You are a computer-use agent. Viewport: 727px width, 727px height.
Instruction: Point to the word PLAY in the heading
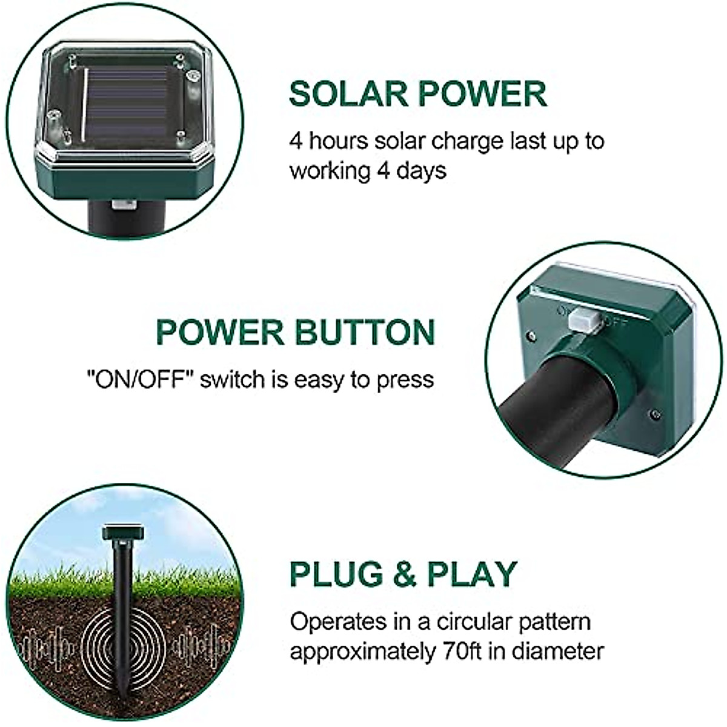click(472, 574)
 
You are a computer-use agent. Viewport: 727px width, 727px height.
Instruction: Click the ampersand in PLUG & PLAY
click(404, 574)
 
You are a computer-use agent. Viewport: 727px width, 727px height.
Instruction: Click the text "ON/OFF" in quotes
click(139, 380)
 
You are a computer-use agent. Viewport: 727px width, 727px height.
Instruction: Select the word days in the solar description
click(422, 171)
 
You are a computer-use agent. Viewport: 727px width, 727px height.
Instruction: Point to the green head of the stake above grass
click(123, 533)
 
